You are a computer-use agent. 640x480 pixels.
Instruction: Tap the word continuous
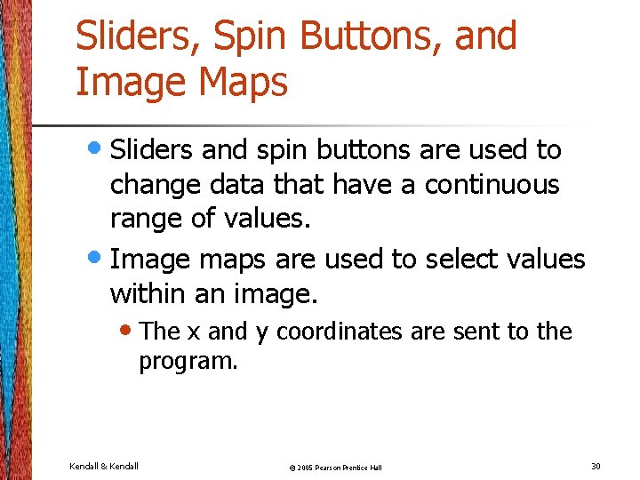click(x=492, y=185)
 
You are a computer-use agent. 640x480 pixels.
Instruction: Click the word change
click(x=154, y=185)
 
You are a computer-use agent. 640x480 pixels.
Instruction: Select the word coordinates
click(x=340, y=332)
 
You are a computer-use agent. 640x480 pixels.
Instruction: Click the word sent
click(x=476, y=332)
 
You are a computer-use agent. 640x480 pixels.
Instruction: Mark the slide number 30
click(x=596, y=466)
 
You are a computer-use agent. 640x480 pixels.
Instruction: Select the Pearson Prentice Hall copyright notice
click(x=334, y=468)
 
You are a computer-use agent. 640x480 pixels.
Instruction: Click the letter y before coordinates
click(x=261, y=333)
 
